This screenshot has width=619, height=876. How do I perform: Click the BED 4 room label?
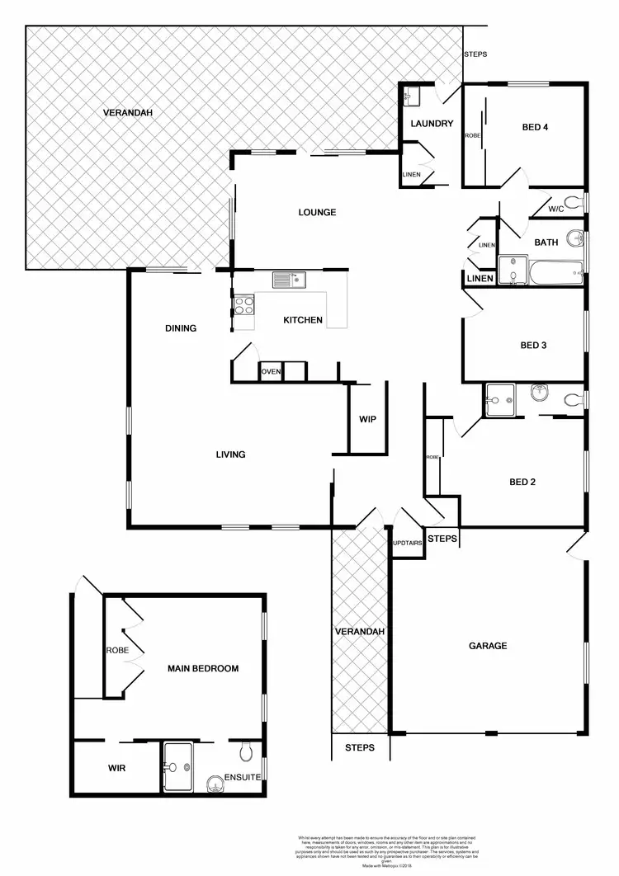535,127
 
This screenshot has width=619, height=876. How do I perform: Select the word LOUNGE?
317,212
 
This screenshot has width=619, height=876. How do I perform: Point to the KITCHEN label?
303,320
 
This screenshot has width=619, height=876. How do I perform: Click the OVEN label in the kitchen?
272,372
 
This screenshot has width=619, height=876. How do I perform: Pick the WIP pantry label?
367,419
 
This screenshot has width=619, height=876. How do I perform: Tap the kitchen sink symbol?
289,280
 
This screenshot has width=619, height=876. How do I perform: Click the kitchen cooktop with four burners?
245,306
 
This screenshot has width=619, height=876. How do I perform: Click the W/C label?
555,209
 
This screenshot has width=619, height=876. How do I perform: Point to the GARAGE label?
487,646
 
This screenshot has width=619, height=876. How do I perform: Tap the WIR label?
116,768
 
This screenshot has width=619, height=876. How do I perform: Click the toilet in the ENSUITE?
244,751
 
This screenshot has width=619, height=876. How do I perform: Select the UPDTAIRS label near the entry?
408,544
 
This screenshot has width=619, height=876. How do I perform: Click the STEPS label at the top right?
475,54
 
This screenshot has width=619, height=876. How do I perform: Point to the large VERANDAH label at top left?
128,112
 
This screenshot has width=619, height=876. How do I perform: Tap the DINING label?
181,328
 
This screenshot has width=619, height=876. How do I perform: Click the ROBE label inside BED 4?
473,135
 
